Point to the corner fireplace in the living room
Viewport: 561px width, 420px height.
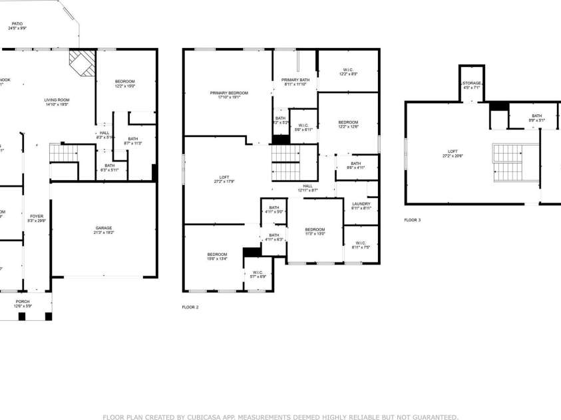tap(82, 65)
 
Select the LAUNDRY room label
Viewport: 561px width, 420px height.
tap(361, 205)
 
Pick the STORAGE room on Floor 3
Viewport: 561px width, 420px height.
tap(472, 84)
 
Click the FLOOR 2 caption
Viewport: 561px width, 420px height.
tap(190, 307)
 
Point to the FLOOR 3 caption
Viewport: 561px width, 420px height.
tap(413, 219)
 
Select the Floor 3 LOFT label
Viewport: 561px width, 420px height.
tap(453, 153)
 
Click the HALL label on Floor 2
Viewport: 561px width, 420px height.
tap(307, 187)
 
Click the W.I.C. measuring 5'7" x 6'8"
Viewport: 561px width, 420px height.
tap(257, 274)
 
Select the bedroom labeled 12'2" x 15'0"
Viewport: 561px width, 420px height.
tap(125, 83)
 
